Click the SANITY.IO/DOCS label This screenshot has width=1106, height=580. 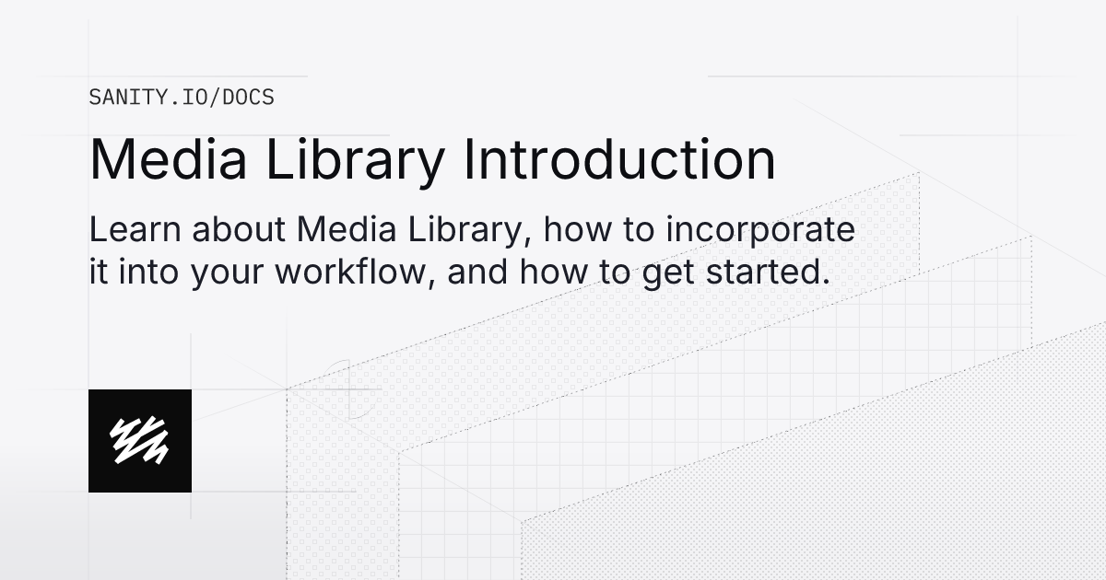(x=182, y=97)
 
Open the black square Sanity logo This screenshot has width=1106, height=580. (x=140, y=441)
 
